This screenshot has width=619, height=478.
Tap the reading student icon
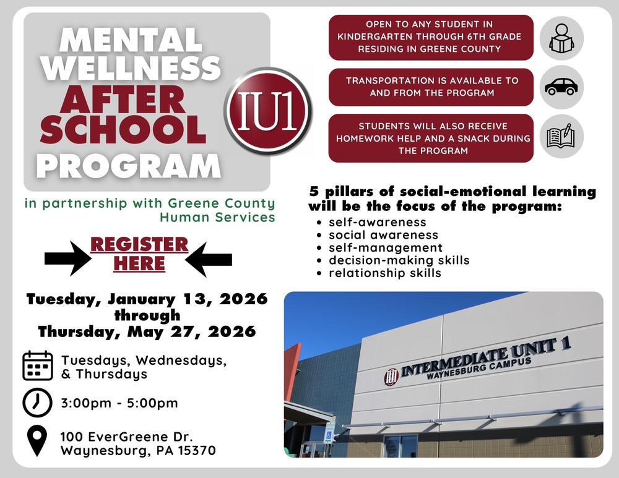click(x=561, y=38)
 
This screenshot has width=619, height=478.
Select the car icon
click(x=561, y=87)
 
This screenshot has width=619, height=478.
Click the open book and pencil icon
click(x=561, y=136)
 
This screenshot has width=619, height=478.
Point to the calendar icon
click(x=37, y=365)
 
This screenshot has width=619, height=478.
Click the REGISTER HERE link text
click(x=139, y=254)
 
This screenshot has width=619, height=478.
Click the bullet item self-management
click(x=386, y=248)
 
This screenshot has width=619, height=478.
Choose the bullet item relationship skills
click(x=384, y=273)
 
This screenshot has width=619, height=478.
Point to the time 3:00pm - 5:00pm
click(x=119, y=403)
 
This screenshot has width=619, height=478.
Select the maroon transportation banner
click(x=431, y=87)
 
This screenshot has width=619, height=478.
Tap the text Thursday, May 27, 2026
click(x=147, y=331)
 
